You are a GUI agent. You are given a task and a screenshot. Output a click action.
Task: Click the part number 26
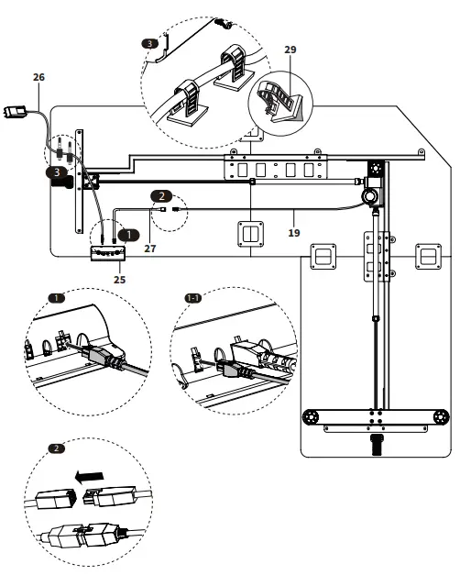pyautogui.click(x=38, y=77)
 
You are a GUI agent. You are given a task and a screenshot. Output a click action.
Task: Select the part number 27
pyautogui.click(x=149, y=248)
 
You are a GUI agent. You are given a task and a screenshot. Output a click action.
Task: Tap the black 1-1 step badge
pyautogui.click(x=193, y=298)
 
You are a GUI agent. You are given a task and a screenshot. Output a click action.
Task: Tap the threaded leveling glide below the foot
pyautogui.click(x=374, y=447)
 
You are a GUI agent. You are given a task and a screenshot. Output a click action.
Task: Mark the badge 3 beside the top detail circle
pyautogui.click(x=150, y=42)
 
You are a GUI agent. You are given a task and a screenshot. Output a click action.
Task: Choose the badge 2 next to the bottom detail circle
pyautogui.click(x=56, y=448)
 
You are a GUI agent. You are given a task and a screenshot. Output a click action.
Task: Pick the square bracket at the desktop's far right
pyautogui.click(x=428, y=256)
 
